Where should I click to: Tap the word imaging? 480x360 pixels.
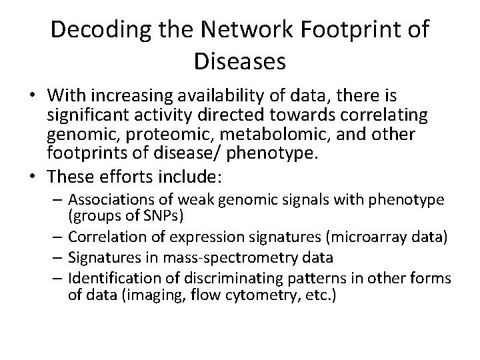click(x=152, y=294)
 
